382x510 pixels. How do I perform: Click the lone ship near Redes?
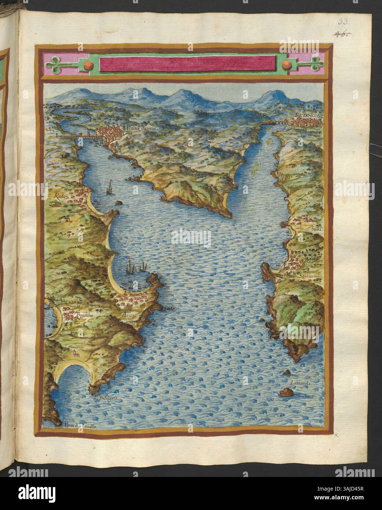tap(109, 188)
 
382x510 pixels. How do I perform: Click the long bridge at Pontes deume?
tap(79, 136)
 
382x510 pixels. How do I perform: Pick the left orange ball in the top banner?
tap(89, 65)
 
